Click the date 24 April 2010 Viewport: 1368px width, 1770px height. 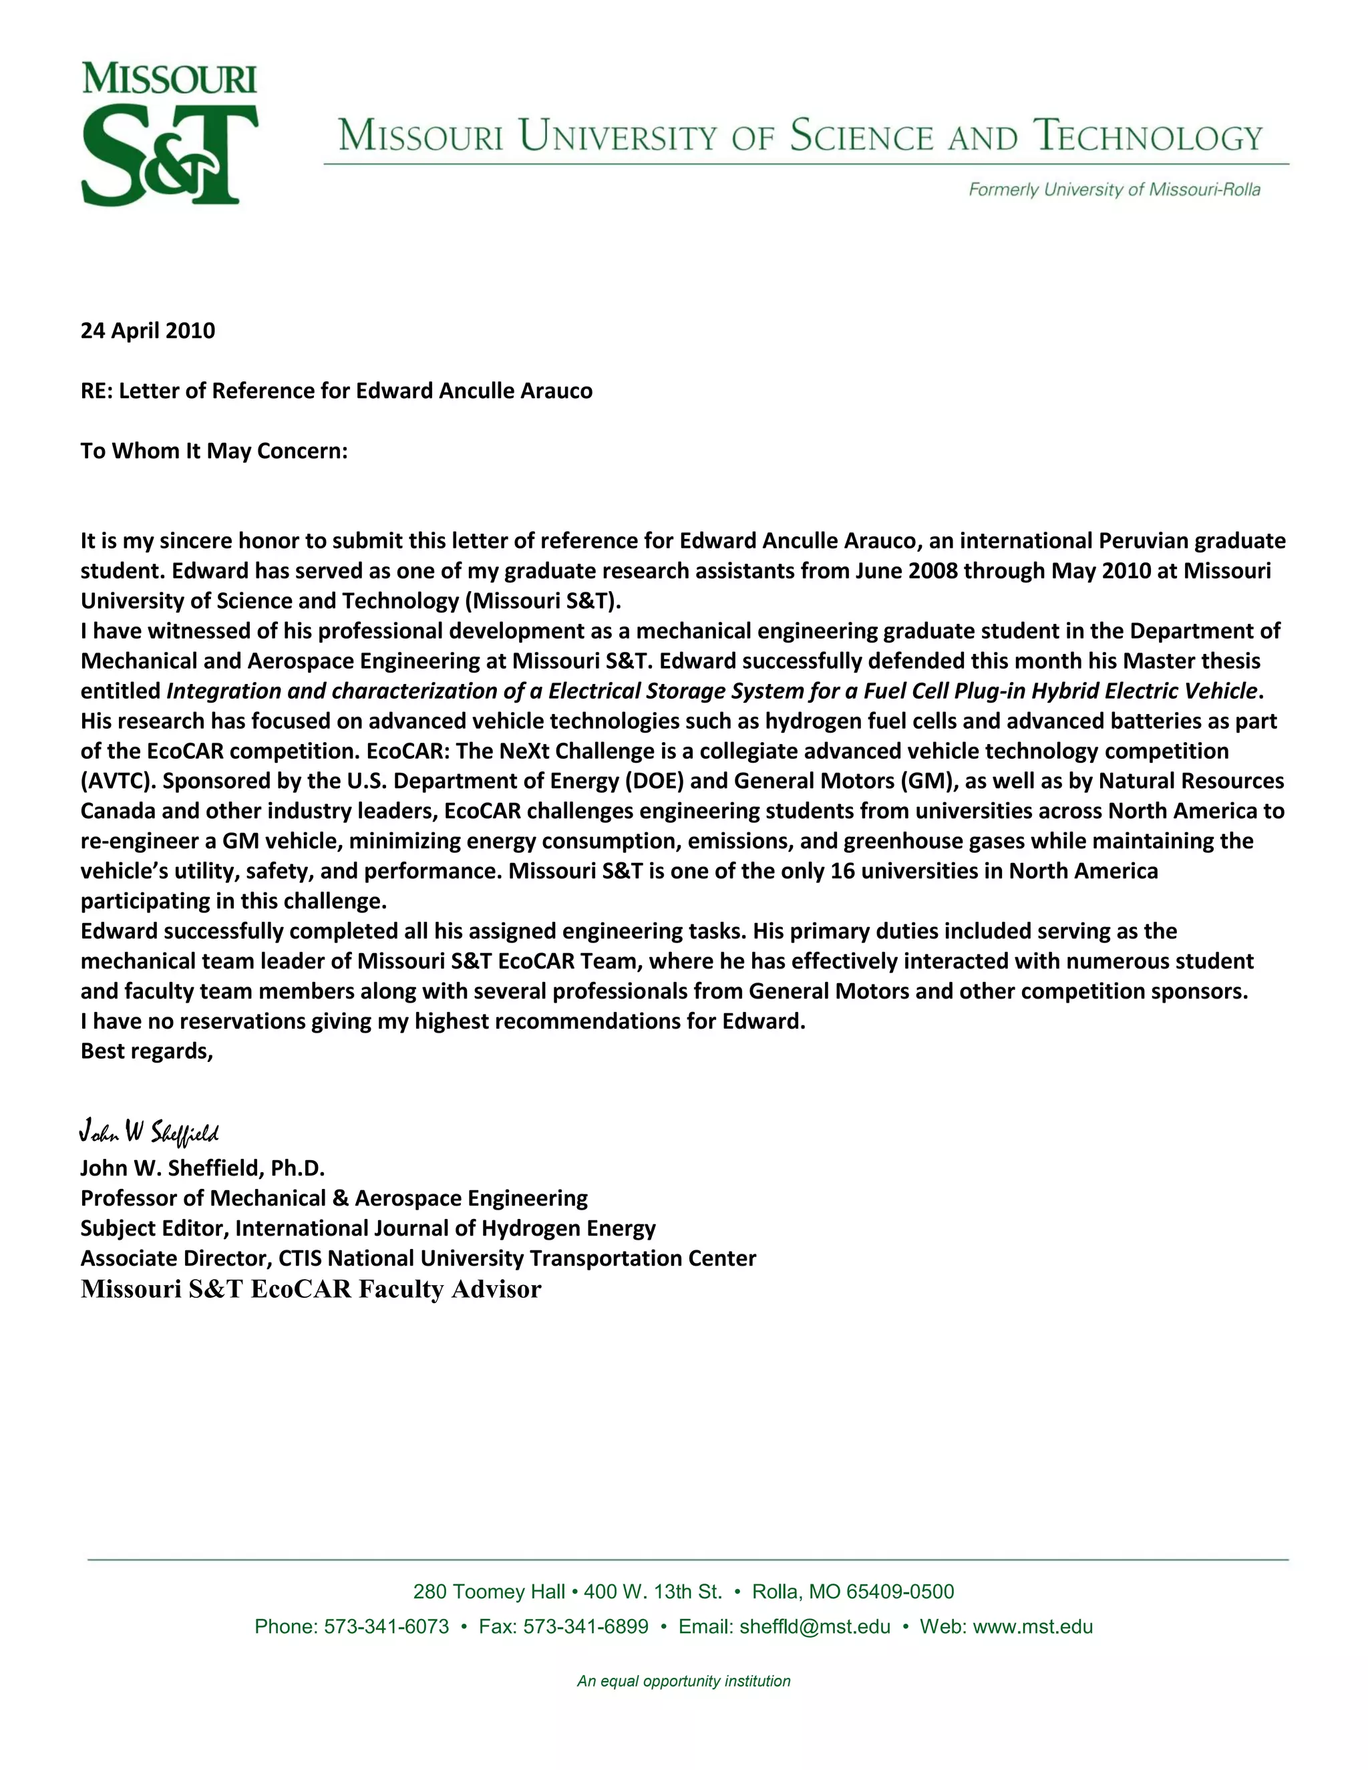(x=148, y=331)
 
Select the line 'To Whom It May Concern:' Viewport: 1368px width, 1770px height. (x=214, y=451)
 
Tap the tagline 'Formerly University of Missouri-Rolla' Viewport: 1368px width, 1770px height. (x=1114, y=190)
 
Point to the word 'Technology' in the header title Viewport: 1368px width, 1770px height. (x=1148, y=136)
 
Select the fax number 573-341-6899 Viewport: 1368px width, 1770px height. (x=585, y=1626)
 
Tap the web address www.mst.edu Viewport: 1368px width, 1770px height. (x=1033, y=1626)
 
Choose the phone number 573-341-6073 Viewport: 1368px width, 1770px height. (x=386, y=1626)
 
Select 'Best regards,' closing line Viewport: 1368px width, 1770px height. (x=147, y=1051)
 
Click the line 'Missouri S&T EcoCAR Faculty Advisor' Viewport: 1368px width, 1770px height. (x=311, y=1289)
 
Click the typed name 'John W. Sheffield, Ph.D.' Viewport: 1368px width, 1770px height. (x=202, y=1168)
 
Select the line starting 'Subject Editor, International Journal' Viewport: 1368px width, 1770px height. (x=368, y=1228)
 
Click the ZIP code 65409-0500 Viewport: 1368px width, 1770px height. (x=900, y=1592)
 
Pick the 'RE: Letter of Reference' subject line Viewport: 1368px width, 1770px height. (x=337, y=391)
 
